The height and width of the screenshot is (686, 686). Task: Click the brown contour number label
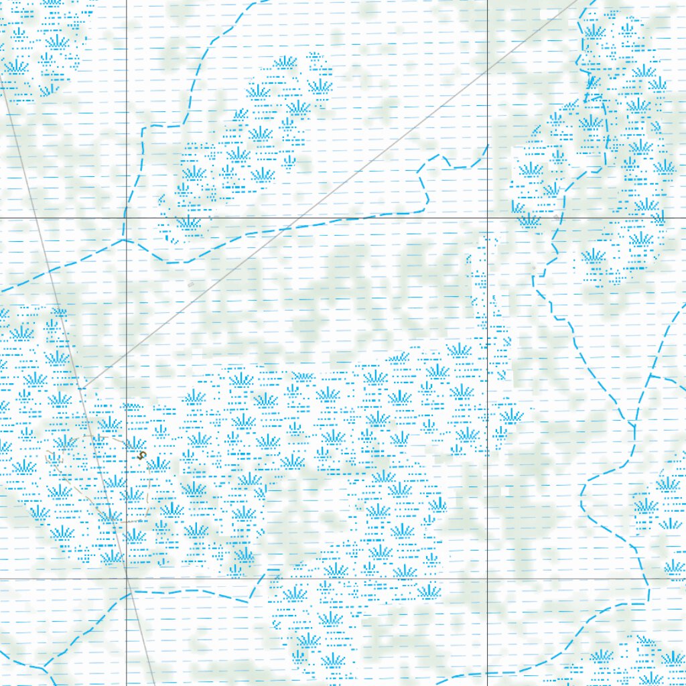pyautogui.click(x=141, y=454)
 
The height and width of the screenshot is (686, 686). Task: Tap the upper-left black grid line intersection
pyautogui.click(x=126, y=218)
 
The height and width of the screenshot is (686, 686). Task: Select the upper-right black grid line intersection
pyautogui.click(x=487, y=218)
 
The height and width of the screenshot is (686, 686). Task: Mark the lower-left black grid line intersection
pyautogui.click(x=126, y=578)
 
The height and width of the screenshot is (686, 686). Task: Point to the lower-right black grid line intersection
pyautogui.click(x=487, y=578)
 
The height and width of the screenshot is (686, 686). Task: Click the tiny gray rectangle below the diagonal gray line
pyautogui.click(x=191, y=285)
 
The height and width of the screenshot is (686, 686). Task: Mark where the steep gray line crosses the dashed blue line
pyautogui.click(x=50, y=271)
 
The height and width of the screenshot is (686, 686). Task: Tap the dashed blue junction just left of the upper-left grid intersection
pyautogui.click(x=123, y=238)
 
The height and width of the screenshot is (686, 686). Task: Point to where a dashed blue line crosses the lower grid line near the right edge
pyautogui.click(x=648, y=578)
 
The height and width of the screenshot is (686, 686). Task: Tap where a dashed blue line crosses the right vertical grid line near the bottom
pyautogui.click(x=487, y=673)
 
